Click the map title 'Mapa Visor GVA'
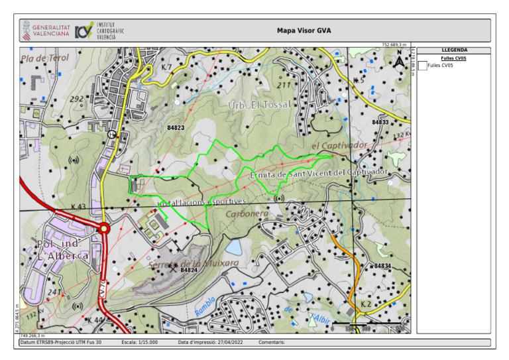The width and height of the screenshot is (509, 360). point(304,30)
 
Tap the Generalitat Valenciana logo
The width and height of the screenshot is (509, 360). point(46,30)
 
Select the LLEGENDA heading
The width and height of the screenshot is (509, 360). point(454,50)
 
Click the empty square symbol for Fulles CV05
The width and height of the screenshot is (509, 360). point(422,65)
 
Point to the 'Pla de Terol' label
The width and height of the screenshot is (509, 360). point(45,58)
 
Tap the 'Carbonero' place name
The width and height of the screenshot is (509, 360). point(247,214)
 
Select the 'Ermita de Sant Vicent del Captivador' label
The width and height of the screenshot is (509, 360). point(318,173)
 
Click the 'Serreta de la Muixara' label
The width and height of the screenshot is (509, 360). point(194,263)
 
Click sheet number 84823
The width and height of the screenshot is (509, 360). point(176,127)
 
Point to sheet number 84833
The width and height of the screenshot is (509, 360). point(380,122)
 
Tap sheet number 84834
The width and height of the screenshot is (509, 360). point(382,266)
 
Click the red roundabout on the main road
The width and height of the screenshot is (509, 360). point(103,229)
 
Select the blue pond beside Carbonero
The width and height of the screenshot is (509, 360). point(233,247)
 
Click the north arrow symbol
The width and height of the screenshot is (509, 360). point(399,61)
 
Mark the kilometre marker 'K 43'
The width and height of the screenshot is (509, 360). point(78,207)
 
